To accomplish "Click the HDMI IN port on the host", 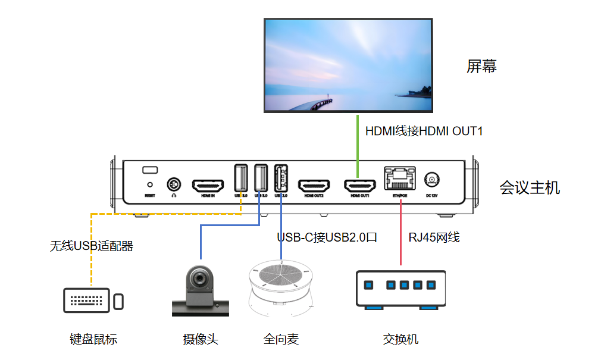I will (x=208, y=185).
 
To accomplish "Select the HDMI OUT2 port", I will (x=314, y=185).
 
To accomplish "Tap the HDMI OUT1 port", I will (x=360, y=185).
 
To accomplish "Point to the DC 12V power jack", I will (x=431, y=180).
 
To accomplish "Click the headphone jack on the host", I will (x=174, y=184).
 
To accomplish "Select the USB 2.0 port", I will (x=281, y=178).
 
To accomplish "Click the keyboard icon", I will (x=87, y=300).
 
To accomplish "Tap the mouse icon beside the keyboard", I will (x=119, y=301).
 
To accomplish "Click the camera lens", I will (x=200, y=278).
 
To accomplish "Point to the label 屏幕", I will (x=481, y=66).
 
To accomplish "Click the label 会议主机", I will (x=530, y=188).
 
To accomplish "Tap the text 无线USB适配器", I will (x=91, y=245).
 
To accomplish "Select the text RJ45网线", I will (x=434, y=237).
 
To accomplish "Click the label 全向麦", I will (x=281, y=339).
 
